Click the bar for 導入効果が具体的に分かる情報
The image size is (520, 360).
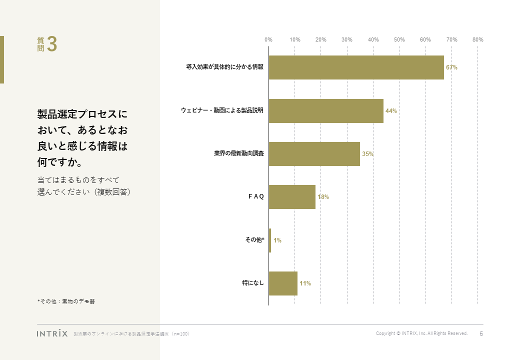tap(356, 67)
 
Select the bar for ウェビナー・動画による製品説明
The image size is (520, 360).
tap(326, 110)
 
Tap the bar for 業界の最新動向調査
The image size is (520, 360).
tap(314, 154)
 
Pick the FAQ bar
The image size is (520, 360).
tap(292, 197)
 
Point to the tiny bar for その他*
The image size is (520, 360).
tap(270, 240)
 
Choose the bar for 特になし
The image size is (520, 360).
tap(283, 283)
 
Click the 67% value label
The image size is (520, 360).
tap(451, 67)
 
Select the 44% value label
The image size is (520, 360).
tap(391, 111)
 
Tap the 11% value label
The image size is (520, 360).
tap(305, 284)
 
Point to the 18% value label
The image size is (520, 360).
tap(323, 197)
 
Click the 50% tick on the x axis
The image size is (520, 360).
tap(399, 39)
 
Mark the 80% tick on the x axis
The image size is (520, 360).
tap(477, 39)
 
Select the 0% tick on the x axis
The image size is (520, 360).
tap(268, 39)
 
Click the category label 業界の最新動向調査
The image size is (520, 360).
tap(239, 154)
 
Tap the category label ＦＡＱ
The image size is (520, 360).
tap(256, 197)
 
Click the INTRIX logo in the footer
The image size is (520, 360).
tap(52, 333)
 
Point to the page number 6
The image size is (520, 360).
tap(481, 333)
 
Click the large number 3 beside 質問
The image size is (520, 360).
tap(52, 44)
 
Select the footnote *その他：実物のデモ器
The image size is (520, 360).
tap(66, 301)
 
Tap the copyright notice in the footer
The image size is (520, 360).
tap(421, 333)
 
